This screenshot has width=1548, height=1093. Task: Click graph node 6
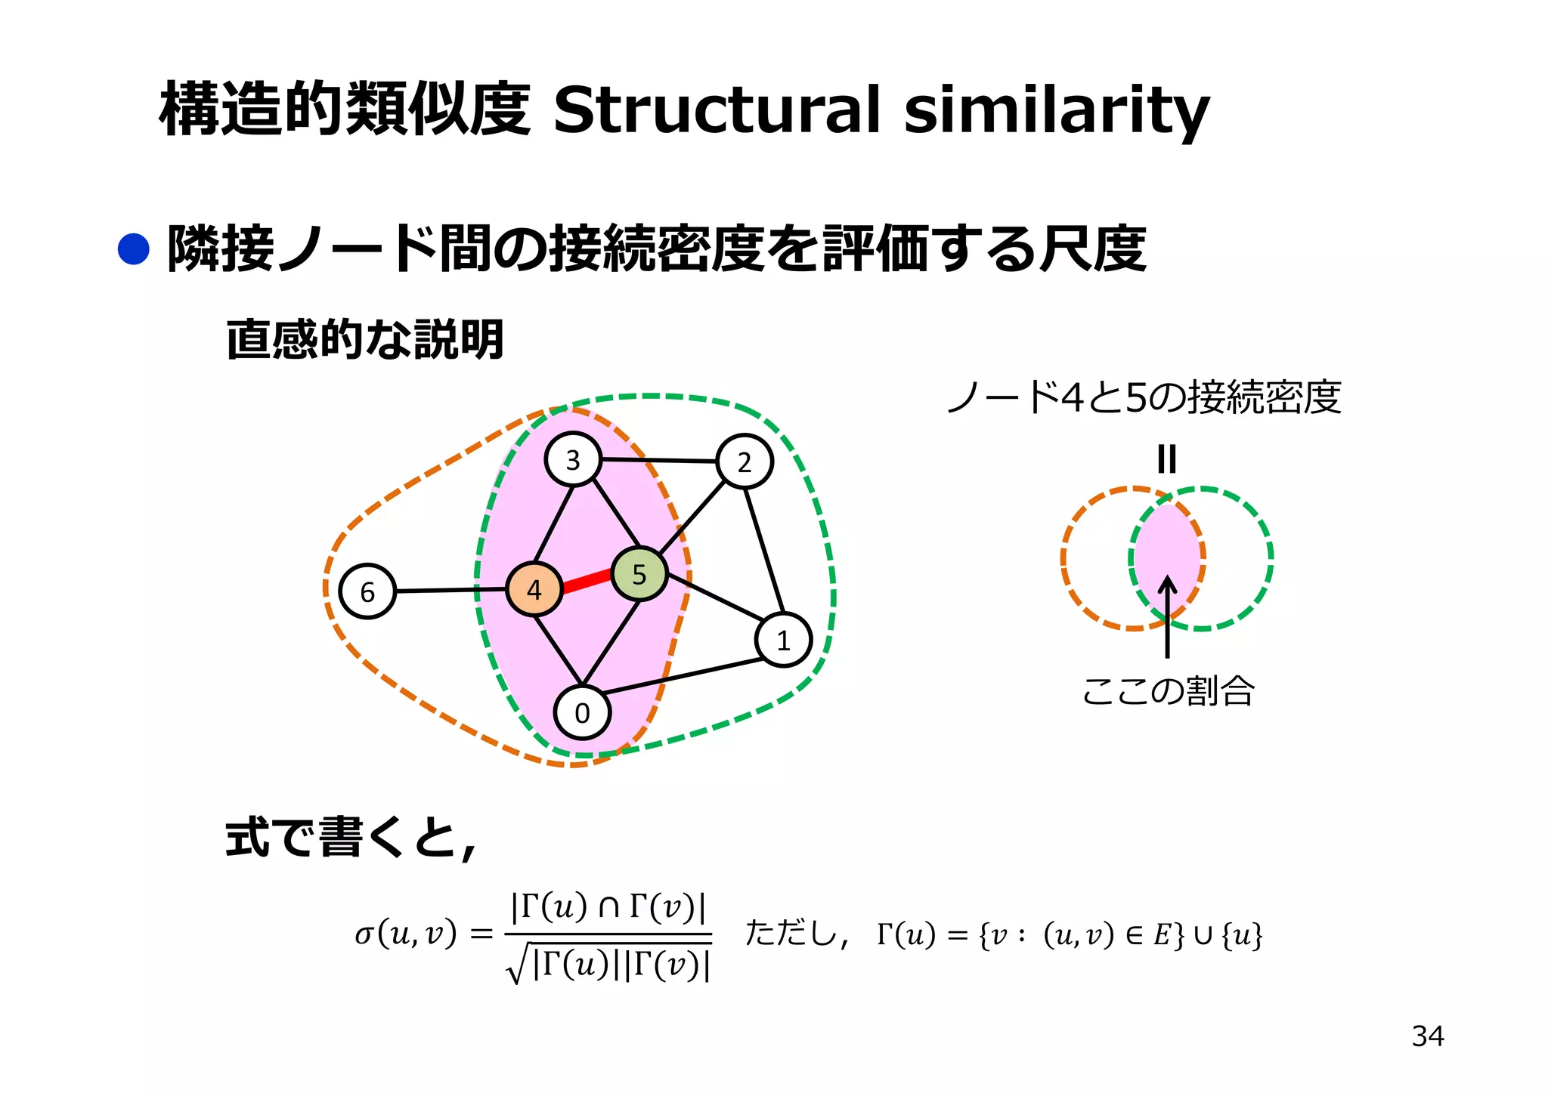(367, 591)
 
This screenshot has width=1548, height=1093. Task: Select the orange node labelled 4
(534, 589)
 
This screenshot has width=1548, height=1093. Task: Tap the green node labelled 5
(639, 574)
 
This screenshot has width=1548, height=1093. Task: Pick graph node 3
(573, 459)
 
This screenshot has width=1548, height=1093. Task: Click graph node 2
(745, 462)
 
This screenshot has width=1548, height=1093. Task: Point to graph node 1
(783, 641)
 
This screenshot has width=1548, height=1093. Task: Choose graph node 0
(582, 712)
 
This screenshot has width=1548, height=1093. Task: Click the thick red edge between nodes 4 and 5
(587, 582)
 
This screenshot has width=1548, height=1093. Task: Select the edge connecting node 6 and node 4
(450, 590)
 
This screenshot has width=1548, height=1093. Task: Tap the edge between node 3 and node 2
(658, 460)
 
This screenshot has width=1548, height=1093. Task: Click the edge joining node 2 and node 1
(764, 551)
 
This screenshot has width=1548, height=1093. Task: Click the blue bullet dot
(134, 249)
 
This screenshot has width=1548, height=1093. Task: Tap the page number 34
(1427, 1036)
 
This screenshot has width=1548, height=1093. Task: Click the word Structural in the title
(717, 110)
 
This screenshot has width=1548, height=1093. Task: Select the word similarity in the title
(1057, 110)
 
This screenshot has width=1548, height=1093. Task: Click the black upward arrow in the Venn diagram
(1167, 616)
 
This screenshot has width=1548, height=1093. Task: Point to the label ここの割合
(1168, 690)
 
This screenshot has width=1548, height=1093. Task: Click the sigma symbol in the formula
(364, 934)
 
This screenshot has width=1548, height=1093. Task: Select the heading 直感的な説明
(365, 339)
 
